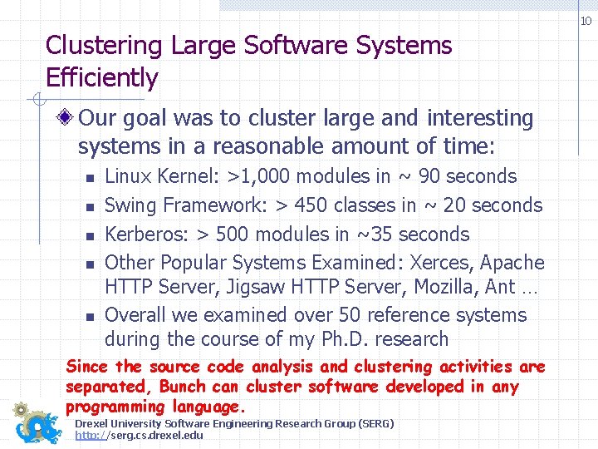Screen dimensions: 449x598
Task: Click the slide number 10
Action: pyautogui.click(x=586, y=21)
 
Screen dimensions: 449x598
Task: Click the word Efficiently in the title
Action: pyautogui.click(x=101, y=78)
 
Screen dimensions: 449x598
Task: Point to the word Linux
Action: pyautogui.click(x=126, y=176)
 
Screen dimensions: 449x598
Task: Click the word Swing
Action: pyautogui.click(x=130, y=205)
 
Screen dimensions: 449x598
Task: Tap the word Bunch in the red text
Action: pyautogui.click(x=183, y=387)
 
